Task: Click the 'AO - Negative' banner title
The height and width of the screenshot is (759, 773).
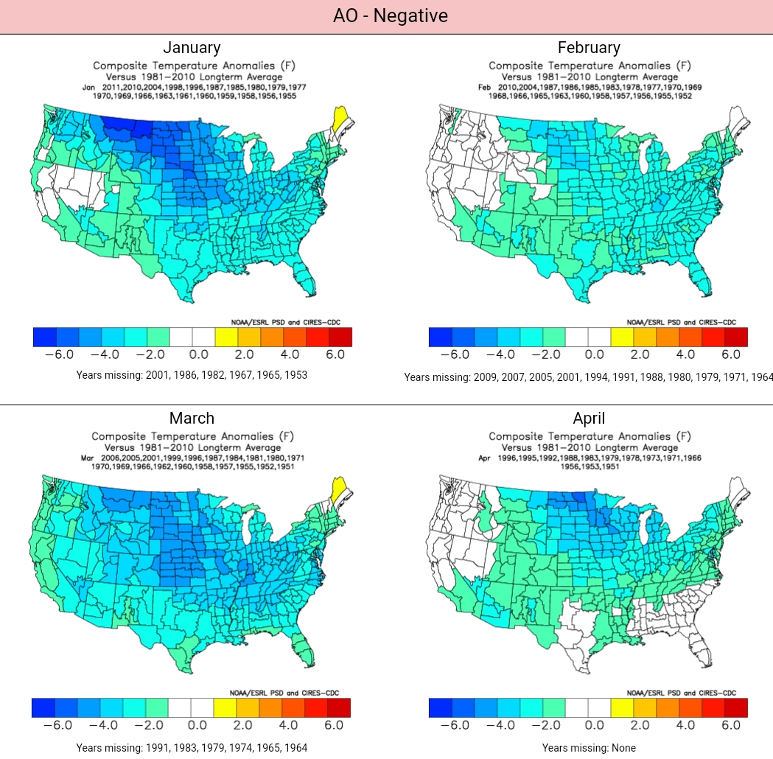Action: (x=390, y=15)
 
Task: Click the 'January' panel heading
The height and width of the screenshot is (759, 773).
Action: (x=192, y=48)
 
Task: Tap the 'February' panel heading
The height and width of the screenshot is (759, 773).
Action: (x=589, y=48)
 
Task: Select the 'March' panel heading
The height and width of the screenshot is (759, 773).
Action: (x=192, y=419)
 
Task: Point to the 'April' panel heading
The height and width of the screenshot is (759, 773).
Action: (x=589, y=419)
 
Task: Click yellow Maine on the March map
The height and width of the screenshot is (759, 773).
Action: (x=339, y=489)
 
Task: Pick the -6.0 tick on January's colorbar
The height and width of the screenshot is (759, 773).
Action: (x=59, y=354)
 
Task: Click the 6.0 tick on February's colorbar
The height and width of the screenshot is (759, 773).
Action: (x=731, y=354)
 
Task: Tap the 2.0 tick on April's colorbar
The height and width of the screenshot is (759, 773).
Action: (x=640, y=725)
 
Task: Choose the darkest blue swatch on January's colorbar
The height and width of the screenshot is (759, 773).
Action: (x=45, y=337)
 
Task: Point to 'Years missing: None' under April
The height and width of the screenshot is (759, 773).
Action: (x=589, y=748)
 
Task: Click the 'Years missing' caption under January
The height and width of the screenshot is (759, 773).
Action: (x=192, y=375)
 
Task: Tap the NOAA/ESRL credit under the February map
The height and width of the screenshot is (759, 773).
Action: (x=681, y=322)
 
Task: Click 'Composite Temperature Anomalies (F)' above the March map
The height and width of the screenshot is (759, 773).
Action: (x=192, y=436)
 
